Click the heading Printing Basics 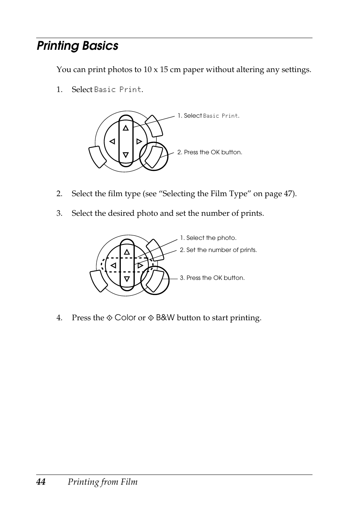77,46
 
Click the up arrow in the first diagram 126,128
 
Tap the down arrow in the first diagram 126,155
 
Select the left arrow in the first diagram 112,141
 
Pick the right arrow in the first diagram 139,141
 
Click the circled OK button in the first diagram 154,156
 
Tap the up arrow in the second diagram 127,252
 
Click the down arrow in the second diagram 127,279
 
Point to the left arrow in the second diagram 113,266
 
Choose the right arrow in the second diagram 140,266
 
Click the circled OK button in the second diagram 155,280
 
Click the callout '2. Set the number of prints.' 218,250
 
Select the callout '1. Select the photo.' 208,238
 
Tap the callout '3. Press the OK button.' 212,278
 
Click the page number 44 41,482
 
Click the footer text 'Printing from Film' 103,482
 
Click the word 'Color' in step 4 125,318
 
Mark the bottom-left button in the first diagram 97,157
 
